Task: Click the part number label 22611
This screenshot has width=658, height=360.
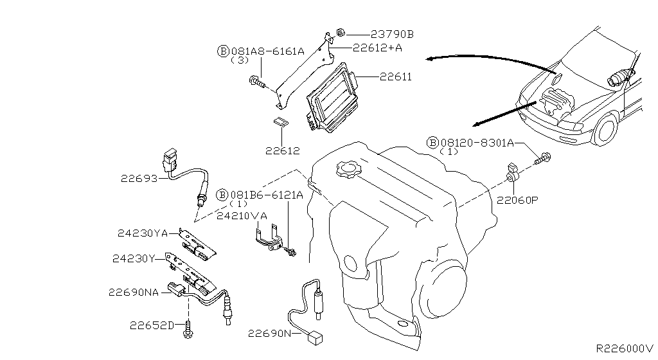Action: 395,77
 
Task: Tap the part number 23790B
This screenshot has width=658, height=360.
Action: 393,34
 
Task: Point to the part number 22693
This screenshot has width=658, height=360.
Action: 138,178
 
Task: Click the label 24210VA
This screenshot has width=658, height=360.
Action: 241,217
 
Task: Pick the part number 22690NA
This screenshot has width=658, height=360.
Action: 133,292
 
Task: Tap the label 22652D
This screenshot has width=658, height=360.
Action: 150,325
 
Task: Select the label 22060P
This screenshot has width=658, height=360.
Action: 517,200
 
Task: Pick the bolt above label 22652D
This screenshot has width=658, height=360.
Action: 188,330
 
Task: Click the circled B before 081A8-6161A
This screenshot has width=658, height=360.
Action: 222,51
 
